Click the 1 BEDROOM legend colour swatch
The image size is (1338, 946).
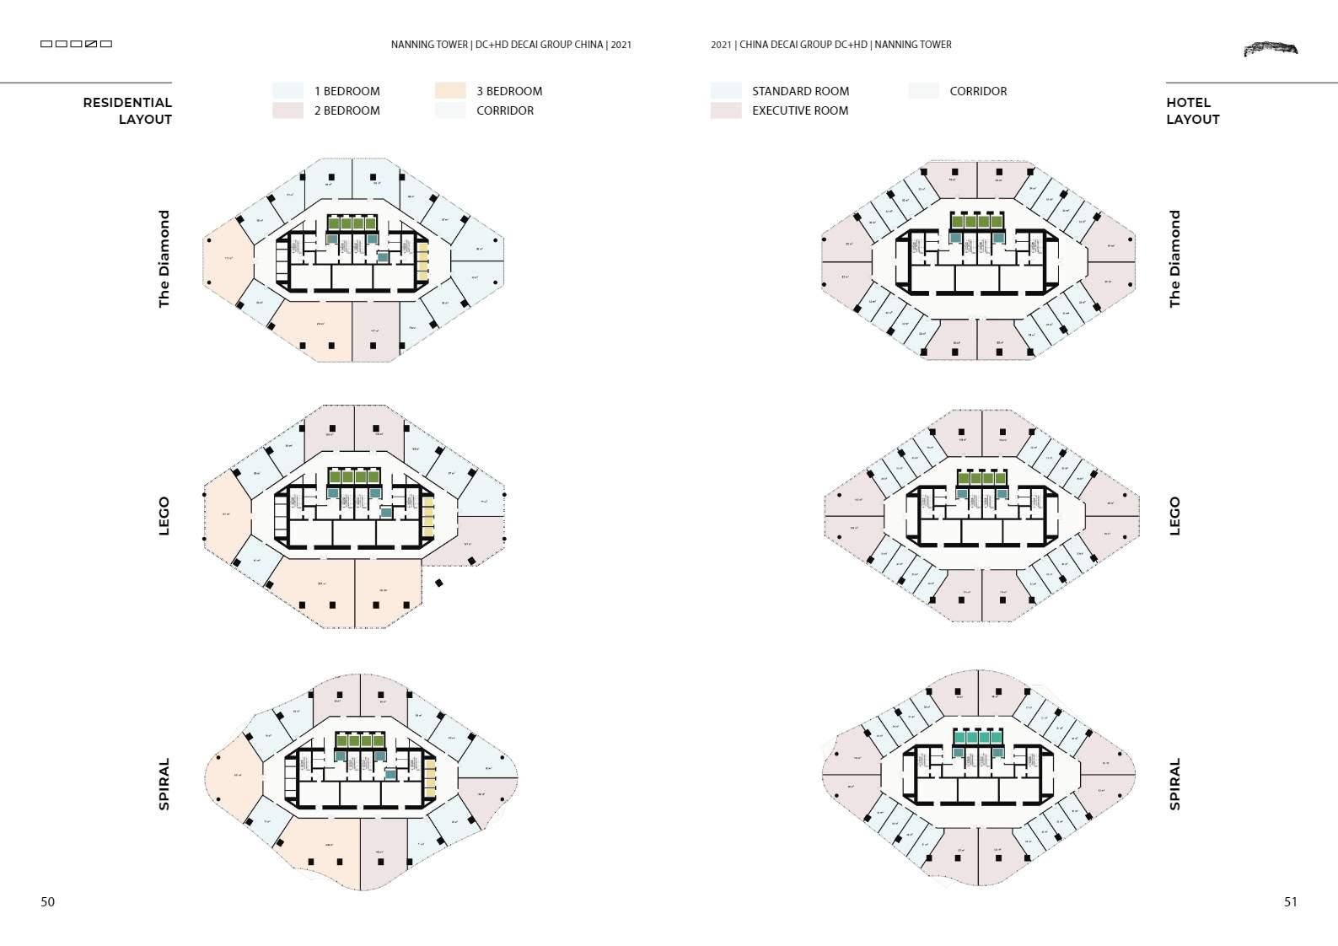pos(287,91)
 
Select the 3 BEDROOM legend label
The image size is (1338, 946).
pos(508,91)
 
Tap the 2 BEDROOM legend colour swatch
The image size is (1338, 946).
pos(287,110)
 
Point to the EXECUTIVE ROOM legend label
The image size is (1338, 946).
pos(799,110)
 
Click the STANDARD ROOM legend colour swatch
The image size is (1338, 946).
pos(726,91)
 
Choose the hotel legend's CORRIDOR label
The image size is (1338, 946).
pos(977,91)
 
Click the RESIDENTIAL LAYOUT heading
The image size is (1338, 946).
pos(127,110)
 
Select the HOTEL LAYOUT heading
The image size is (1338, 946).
pos(1192,110)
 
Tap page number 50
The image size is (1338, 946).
pos(48,901)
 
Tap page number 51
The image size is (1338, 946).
pos(1290,901)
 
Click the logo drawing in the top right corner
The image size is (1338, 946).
pos(1271,49)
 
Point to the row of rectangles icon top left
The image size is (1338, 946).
pos(76,44)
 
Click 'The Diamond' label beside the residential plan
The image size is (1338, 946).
pos(164,259)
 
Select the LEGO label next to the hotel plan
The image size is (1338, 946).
pos(1175,515)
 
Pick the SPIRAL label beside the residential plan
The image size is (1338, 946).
pos(164,784)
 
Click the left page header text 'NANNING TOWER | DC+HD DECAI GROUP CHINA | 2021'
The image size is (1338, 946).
pos(511,45)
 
